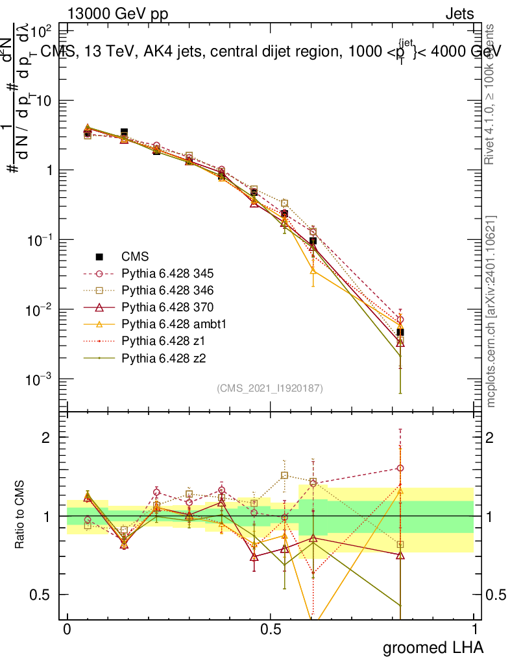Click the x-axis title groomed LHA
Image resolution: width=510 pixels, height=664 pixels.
click(433, 647)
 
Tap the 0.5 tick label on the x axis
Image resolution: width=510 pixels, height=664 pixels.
click(270, 630)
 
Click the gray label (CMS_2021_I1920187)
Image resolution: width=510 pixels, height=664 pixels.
click(270, 388)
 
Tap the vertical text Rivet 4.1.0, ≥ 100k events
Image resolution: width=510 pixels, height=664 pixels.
click(491, 94)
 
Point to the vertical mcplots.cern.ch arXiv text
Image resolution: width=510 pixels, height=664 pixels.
click(491, 311)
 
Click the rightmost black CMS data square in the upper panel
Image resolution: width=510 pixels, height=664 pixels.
click(400, 332)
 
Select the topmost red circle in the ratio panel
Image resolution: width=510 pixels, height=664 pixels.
click(400, 468)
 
